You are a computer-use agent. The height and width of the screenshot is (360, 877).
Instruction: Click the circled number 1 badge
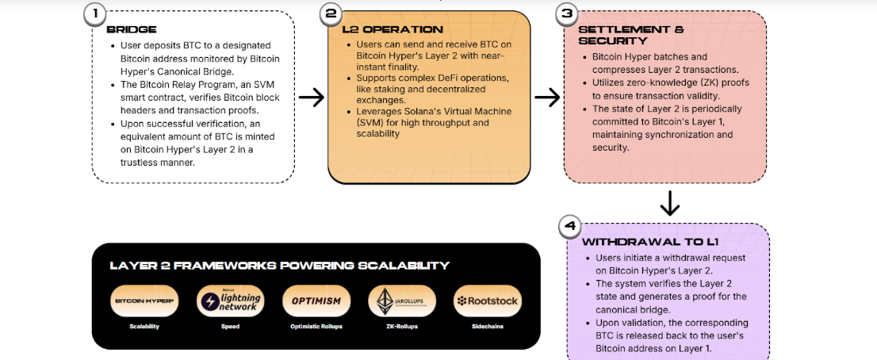coord(95,14)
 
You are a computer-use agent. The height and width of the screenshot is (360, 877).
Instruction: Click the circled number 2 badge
coord(331,14)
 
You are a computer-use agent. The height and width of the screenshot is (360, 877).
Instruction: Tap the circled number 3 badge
coord(566,14)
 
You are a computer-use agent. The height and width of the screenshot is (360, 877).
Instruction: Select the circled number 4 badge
coord(569,227)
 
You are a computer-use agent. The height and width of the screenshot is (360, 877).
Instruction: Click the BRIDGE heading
coord(132,29)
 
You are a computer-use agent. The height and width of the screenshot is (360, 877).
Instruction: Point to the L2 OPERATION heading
coord(381,29)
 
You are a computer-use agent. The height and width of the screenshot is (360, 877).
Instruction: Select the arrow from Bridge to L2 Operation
coord(312,98)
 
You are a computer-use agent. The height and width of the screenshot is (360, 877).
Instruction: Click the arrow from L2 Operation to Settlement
coord(547,98)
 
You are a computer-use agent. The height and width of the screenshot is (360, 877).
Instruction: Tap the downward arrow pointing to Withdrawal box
coord(670,205)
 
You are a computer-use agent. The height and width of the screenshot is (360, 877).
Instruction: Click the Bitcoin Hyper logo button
coord(144,301)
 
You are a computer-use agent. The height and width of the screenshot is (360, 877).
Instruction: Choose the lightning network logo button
coord(230,301)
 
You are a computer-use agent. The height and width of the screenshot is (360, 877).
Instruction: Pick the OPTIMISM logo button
coord(316,301)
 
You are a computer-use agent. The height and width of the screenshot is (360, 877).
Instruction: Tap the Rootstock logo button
coord(487,301)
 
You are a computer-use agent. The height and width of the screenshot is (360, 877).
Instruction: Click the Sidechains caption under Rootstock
coord(487,326)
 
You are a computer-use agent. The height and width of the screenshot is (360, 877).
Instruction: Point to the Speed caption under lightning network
coord(230,326)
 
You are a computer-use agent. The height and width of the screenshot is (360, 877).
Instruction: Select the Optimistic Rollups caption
coord(316,326)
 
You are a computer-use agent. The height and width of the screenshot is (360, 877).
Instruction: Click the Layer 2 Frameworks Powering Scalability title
coord(279,266)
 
